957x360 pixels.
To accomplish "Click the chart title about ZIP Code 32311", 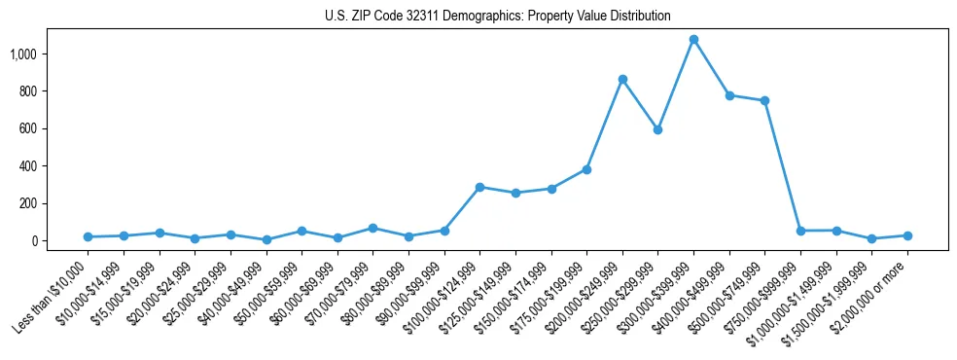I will click(x=497, y=17).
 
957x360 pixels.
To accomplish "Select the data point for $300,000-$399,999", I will click(x=693, y=40).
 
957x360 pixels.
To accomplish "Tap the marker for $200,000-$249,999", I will click(x=622, y=79).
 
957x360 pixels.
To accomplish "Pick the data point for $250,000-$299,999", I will click(x=657, y=129).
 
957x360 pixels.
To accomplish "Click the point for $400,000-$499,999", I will click(x=729, y=95).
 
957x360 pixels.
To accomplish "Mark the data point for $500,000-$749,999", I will click(x=764, y=101).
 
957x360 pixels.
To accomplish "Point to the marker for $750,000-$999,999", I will click(x=800, y=231).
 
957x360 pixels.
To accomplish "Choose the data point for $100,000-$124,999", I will click(x=479, y=187).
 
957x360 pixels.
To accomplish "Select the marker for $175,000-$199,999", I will click(x=586, y=169).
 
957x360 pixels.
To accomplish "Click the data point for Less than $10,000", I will click(x=88, y=236).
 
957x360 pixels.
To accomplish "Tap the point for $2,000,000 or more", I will click(x=907, y=235).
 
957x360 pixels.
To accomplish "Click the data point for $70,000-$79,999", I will click(x=372, y=228).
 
